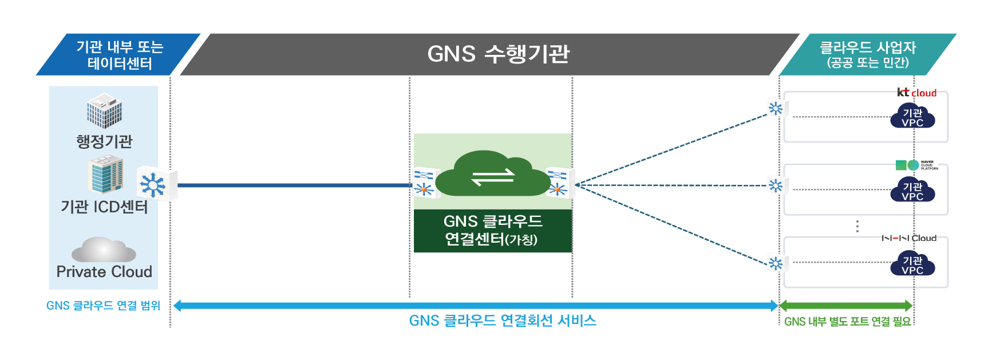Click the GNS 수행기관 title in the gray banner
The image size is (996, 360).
[x=498, y=54]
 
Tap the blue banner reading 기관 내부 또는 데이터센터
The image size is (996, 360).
[x=120, y=55]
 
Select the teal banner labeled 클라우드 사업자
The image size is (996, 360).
[x=867, y=54]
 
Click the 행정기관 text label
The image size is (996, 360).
[x=104, y=141]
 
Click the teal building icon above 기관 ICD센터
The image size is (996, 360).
[x=106, y=175]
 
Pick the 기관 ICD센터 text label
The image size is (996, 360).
[x=104, y=207]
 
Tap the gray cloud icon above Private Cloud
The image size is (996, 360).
[x=104, y=250]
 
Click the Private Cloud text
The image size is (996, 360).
[x=104, y=272]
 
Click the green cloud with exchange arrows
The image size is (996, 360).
[x=492, y=175]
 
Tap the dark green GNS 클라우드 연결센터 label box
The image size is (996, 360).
[x=492, y=230]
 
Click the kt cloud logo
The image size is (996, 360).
[x=916, y=93]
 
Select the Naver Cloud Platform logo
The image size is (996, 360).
[x=916, y=165]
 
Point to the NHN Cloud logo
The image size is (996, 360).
[x=909, y=238]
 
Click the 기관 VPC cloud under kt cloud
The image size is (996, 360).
[x=912, y=117]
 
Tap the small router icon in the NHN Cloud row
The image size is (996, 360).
[x=776, y=263]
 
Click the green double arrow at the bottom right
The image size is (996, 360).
[x=845, y=306]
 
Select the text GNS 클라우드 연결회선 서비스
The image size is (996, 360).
[x=503, y=321]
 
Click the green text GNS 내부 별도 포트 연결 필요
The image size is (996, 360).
[x=847, y=322]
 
